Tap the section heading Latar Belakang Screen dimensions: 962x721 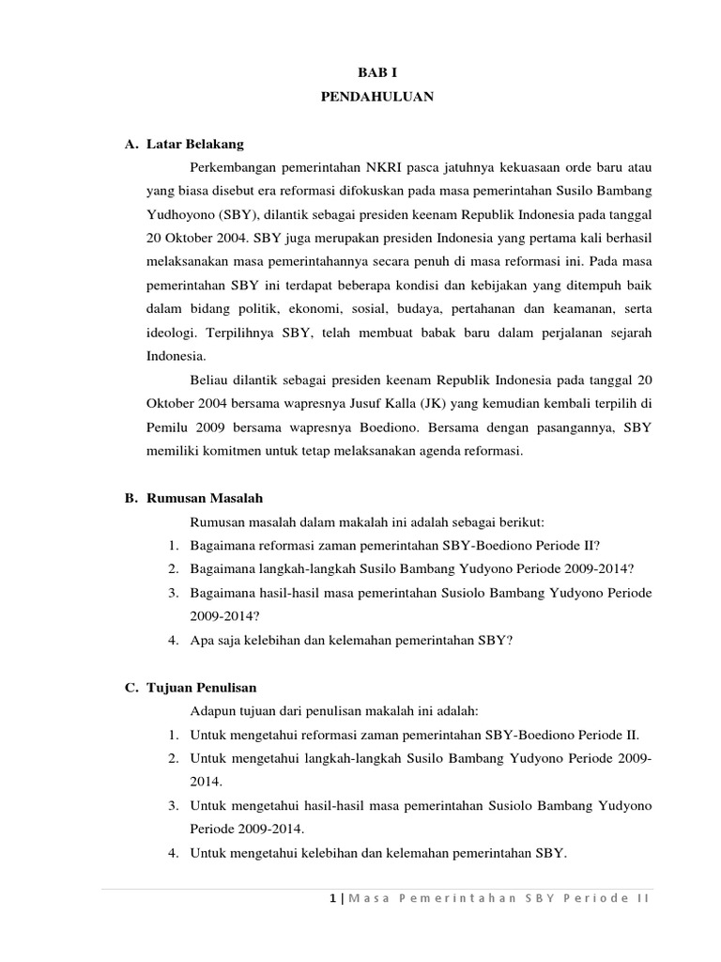(195, 144)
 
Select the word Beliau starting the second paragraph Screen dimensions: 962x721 (209, 380)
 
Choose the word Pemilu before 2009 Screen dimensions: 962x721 (167, 427)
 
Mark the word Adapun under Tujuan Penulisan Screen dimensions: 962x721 (213, 711)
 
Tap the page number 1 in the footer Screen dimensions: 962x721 (333, 898)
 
